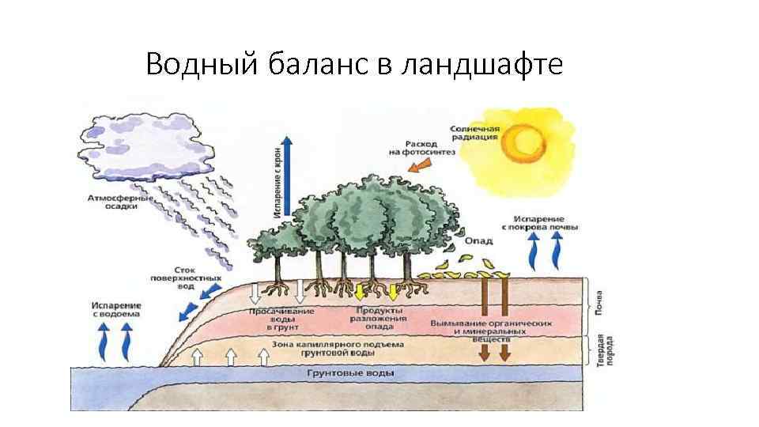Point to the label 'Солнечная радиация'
(x=474, y=132)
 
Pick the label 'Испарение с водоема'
(x=115, y=309)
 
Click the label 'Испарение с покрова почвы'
(x=545, y=222)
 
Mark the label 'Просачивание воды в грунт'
(x=281, y=318)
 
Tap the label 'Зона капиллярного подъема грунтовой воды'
(x=338, y=349)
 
